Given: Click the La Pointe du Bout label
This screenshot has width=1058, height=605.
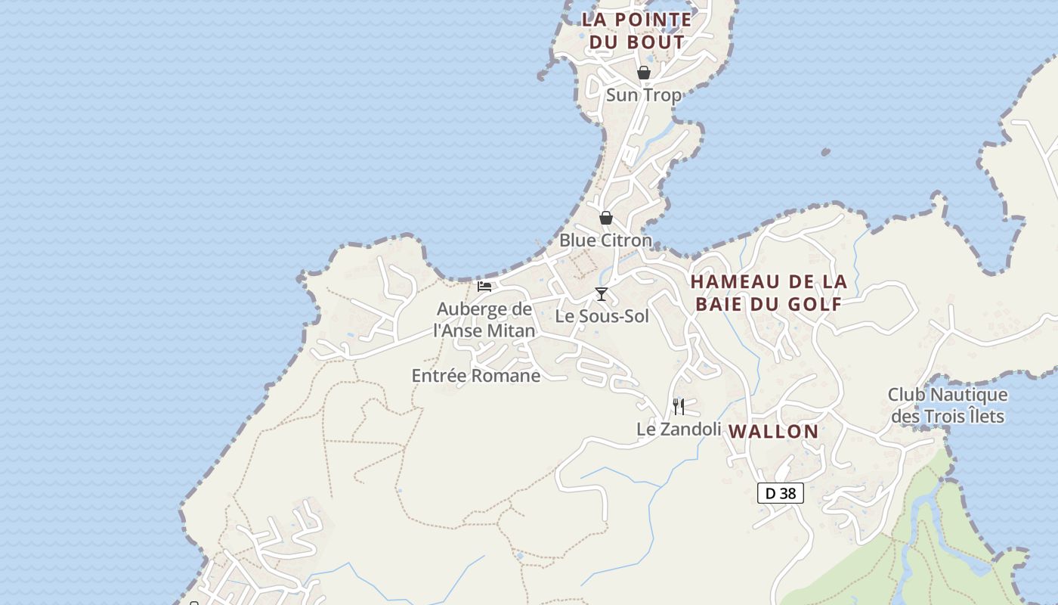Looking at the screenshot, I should point(636,30).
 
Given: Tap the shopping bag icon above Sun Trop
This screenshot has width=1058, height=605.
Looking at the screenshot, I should point(644,73).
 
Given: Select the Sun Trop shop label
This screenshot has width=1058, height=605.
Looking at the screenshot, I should point(644,95).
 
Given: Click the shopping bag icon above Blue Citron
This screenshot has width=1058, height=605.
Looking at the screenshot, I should point(606,218).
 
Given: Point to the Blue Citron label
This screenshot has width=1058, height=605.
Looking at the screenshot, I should point(605,240).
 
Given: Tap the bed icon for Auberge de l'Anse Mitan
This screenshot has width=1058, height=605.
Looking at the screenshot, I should point(484,287).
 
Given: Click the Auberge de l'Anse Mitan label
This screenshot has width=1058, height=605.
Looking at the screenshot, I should point(484,320).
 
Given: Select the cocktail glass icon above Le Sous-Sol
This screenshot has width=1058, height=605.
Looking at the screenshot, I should point(602,294).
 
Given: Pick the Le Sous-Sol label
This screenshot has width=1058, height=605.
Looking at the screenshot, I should point(602,316).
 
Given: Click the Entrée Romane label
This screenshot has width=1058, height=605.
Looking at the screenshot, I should point(476,376).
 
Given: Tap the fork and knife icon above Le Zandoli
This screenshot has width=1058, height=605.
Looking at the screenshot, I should point(679,407).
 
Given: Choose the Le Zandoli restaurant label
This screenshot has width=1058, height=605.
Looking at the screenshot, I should point(679,430).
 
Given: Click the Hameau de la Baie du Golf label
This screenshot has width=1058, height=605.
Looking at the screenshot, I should point(769,293).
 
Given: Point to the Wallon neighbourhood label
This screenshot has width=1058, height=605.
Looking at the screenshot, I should point(773,432).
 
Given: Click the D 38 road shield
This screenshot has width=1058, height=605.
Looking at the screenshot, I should point(781,494).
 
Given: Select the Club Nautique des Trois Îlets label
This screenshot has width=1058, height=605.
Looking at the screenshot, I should point(948,405).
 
